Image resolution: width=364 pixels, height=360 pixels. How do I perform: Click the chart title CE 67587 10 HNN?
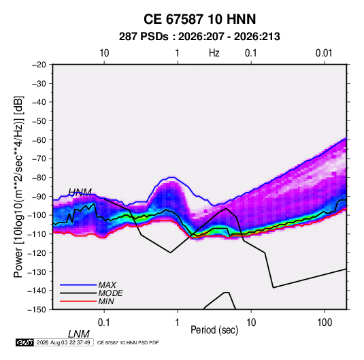click(199, 19)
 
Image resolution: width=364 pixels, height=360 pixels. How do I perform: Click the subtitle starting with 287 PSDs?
click(199, 37)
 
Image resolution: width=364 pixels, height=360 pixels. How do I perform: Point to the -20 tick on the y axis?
click(39, 65)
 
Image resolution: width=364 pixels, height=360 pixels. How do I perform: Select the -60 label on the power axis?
click(39, 140)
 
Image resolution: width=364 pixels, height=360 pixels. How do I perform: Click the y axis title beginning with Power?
click(18, 187)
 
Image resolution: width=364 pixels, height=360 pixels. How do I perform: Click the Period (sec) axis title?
click(214, 330)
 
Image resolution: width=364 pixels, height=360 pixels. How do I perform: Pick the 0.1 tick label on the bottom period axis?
click(104, 323)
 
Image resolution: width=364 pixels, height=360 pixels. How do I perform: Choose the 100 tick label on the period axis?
click(325, 323)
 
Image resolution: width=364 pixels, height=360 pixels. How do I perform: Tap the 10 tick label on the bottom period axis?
click(251, 323)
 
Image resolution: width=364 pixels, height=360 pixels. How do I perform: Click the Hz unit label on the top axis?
click(214, 53)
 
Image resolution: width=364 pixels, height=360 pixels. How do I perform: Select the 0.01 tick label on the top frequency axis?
click(324, 53)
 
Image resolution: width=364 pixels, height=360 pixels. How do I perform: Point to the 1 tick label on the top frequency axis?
click(177, 53)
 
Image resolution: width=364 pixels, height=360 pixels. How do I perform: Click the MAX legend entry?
click(107, 284)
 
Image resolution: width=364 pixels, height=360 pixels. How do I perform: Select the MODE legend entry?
click(110, 293)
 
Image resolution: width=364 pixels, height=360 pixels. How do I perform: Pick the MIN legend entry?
click(106, 301)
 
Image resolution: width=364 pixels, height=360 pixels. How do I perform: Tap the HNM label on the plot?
click(80, 192)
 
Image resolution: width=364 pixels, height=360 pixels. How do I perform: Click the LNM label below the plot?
click(78, 334)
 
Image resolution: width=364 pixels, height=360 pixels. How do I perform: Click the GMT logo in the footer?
click(24, 342)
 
